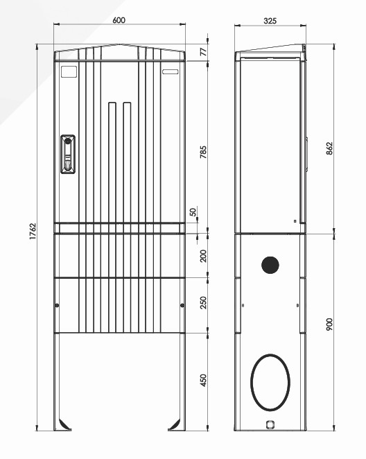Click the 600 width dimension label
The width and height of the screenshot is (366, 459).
(x=119, y=20)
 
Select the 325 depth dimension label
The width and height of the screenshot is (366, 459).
(x=270, y=20)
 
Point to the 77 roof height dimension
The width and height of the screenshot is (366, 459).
(x=204, y=51)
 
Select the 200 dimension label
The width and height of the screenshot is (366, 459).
(x=204, y=256)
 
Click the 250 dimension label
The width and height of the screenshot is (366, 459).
(x=204, y=304)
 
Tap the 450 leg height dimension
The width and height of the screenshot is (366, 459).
(x=204, y=380)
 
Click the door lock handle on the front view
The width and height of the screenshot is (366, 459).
(x=68, y=156)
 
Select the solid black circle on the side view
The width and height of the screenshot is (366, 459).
(x=270, y=264)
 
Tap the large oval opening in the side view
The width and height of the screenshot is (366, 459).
(x=269, y=381)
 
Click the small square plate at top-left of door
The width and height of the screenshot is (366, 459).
(x=69, y=71)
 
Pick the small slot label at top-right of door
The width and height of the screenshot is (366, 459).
(x=170, y=71)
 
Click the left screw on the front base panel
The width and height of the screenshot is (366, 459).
(x=58, y=306)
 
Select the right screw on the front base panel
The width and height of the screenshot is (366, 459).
(x=181, y=306)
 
